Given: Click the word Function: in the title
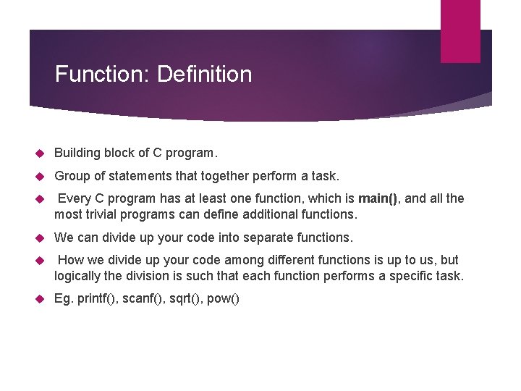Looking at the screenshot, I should [103, 75].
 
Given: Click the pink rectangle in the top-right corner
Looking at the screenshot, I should [460, 31].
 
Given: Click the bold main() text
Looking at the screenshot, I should [378, 199].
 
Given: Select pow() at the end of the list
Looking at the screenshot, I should [223, 299].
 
